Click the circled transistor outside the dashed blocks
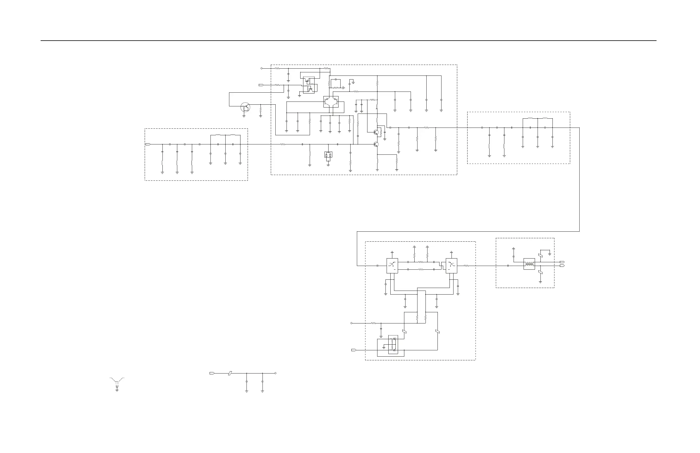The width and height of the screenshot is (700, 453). (245, 107)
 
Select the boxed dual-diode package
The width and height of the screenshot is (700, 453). (328, 155)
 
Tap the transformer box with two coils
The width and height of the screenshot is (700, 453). (529, 264)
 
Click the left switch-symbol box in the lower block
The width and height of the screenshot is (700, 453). (392, 266)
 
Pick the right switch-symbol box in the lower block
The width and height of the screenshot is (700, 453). (452, 266)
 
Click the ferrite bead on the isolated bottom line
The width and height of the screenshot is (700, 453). (230, 373)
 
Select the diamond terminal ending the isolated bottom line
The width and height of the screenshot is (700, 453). (275, 373)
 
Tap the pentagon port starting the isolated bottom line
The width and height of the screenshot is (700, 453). (212, 373)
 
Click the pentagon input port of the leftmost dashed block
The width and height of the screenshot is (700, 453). (148, 144)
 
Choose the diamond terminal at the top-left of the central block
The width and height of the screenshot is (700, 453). (261, 68)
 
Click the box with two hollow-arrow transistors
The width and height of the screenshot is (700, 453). (331, 102)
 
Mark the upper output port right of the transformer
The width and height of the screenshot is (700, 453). (562, 262)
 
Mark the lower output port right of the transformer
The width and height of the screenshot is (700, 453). (562, 266)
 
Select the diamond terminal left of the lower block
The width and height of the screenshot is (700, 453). (351, 323)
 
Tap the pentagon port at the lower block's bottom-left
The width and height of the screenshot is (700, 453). (354, 350)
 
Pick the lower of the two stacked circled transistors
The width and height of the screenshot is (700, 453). (376, 144)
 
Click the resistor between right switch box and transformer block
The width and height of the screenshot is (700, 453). (466, 266)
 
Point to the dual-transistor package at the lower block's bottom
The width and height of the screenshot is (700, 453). (393, 344)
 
